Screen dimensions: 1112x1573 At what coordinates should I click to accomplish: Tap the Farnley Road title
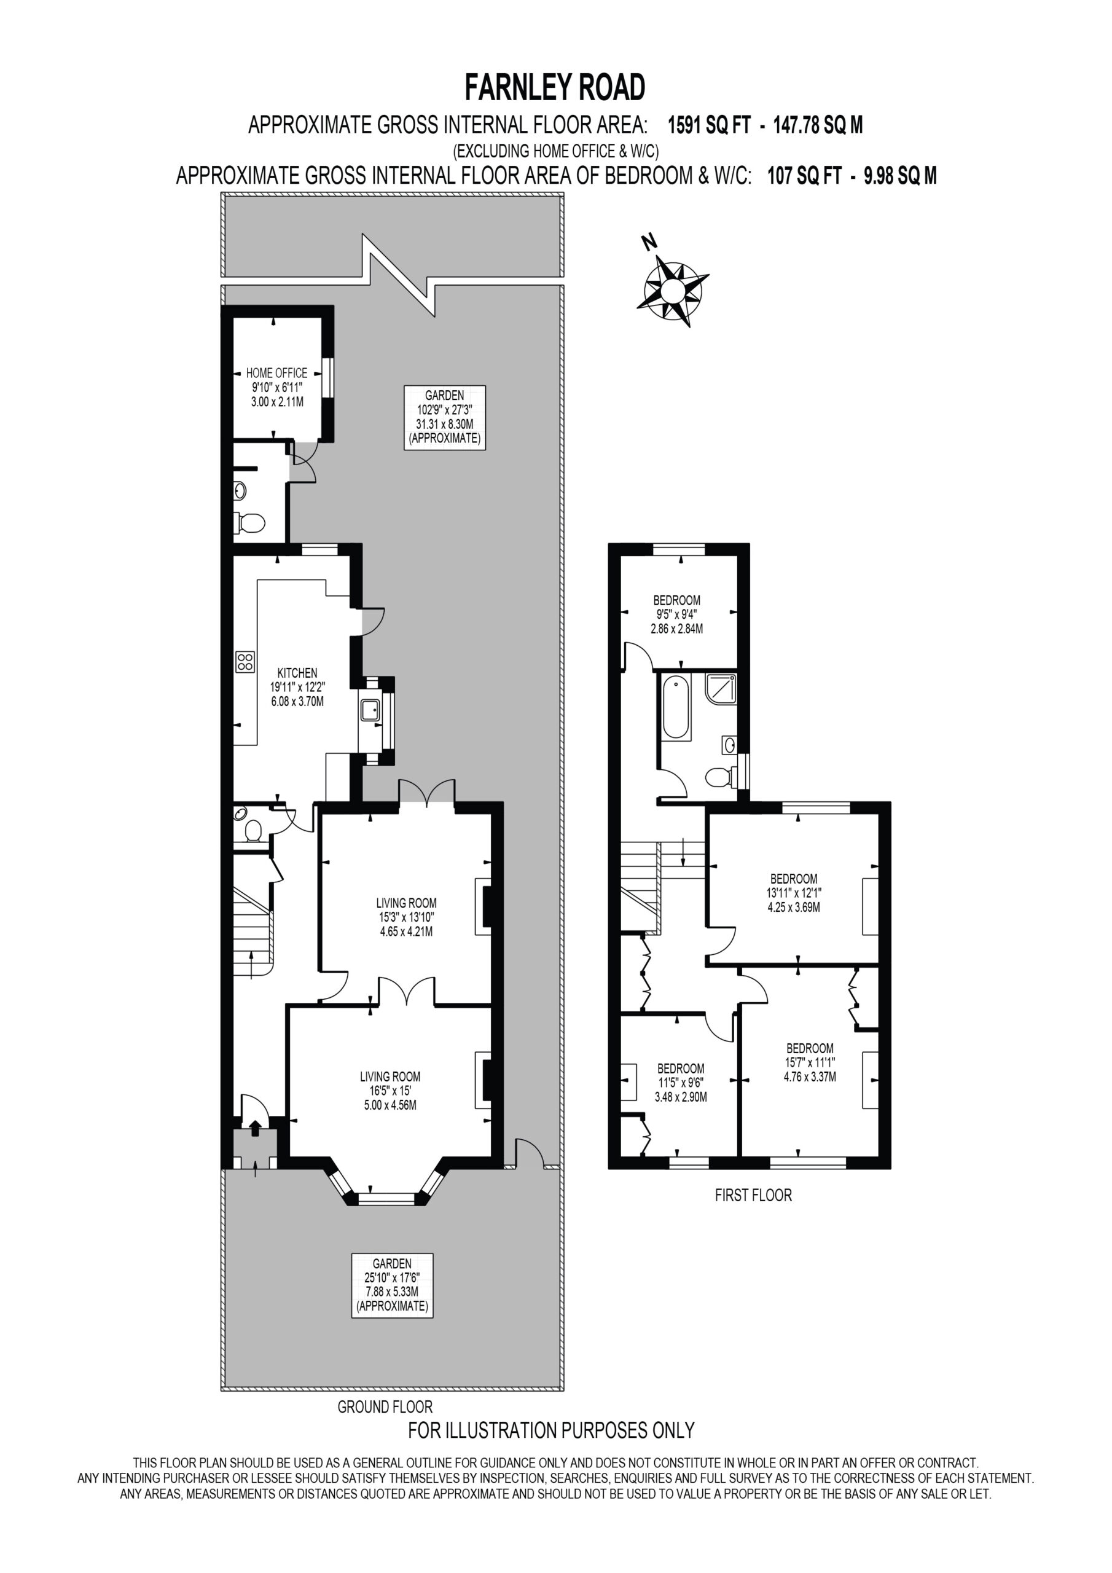555,88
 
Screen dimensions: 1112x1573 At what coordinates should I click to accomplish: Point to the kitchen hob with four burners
245,661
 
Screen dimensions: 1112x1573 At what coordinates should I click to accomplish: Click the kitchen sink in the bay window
370,710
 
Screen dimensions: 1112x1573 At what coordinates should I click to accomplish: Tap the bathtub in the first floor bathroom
676,708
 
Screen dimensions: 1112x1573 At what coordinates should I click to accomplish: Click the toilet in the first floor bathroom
720,777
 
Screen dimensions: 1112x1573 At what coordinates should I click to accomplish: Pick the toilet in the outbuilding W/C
250,524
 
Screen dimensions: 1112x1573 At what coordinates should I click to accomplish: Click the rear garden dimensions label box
445,417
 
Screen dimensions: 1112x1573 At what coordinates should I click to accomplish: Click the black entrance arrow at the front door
255,1127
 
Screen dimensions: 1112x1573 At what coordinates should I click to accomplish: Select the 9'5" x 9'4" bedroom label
677,614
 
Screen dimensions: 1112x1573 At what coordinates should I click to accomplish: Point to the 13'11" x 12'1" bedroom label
794,893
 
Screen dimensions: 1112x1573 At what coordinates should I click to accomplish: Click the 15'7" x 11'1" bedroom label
810,1062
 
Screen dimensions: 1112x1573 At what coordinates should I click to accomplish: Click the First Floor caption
754,1196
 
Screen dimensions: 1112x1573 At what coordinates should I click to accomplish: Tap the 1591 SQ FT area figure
709,125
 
